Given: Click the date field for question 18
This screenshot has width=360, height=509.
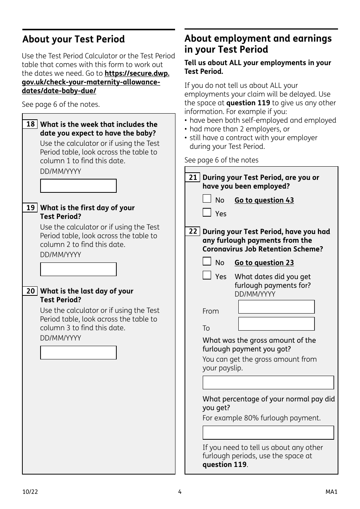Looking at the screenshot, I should coord(78,186).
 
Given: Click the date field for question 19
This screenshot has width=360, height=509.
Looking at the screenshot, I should coord(78,269).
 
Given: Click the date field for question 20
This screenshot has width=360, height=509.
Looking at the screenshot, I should coord(78,353).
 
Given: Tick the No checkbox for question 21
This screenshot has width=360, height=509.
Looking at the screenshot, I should coord(207,199).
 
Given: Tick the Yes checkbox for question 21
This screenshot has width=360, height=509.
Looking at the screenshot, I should coord(207,212).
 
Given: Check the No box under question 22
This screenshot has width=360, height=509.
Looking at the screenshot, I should coord(207,261).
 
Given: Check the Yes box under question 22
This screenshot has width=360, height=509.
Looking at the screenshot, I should coord(207,275).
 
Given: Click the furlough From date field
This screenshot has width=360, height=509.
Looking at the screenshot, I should coord(276,307).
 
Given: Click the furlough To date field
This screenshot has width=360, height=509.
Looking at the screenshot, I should coord(276,324).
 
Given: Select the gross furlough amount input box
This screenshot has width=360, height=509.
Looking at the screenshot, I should coord(268,383).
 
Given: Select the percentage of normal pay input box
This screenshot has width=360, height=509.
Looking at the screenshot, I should coord(268,432).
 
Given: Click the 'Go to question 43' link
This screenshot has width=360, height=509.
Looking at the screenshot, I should coord(264,200).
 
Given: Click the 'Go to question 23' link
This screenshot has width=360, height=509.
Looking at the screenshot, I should coord(264,263).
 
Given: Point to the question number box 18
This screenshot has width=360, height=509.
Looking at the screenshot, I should coord(30,124).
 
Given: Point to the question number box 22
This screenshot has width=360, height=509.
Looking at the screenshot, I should coord(193,231).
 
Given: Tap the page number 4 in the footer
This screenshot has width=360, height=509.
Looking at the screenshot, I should coord(180,492).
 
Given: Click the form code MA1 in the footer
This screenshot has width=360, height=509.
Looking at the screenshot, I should coord(331,492).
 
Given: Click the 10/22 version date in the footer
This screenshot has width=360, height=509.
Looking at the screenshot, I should coord(30,492).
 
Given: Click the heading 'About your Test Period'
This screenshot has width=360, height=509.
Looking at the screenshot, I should coord(74,39).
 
